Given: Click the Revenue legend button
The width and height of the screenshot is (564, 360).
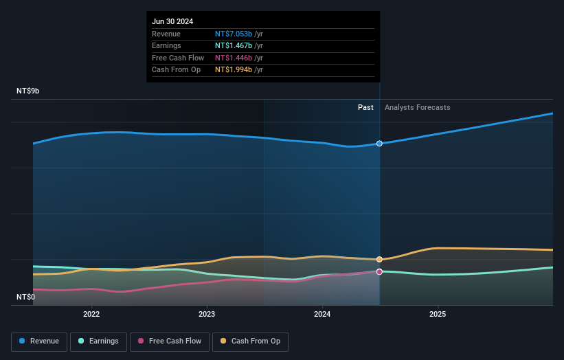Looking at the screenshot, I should click(x=39, y=341).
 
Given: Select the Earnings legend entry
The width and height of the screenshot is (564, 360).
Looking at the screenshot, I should click(x=99, y=341).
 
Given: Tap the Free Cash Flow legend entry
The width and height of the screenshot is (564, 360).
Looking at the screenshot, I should click(x=169, y=341).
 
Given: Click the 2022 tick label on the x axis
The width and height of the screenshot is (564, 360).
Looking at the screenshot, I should click(x=91, y=315).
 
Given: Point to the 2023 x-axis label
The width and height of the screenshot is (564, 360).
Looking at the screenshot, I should click(x=207, y=315).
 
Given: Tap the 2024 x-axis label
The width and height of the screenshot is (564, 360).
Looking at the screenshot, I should click(x=322, y=315).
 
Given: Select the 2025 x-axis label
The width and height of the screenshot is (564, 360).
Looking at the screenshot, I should click(x=438, y=315).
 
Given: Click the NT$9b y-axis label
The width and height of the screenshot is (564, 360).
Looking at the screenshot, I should click(x=28, y=91).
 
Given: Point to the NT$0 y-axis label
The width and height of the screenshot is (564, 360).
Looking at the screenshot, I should click(x=25, y=297).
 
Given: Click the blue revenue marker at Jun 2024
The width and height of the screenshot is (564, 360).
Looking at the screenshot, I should click(x=379, y=144).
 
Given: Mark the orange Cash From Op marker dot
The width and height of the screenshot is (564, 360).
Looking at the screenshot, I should click(x=379, y=259).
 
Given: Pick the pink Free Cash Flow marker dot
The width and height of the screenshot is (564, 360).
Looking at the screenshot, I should click(x=379, y=271).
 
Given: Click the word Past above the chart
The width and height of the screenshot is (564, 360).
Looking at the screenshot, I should click(x=365, y=107).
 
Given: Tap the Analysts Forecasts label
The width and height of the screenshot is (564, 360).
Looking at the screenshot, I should click(x=417, y=107).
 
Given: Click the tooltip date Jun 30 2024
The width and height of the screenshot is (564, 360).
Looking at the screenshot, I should click(x=172, y=21).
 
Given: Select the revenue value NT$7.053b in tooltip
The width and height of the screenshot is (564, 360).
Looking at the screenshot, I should click(x=234, y=34).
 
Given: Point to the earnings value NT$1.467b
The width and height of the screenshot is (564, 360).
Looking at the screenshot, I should click(x=234, y=46).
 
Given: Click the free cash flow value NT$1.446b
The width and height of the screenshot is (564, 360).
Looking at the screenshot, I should click(x=234, y=58).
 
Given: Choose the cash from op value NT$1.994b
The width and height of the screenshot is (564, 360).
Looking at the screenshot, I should click(x=234, y=69).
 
